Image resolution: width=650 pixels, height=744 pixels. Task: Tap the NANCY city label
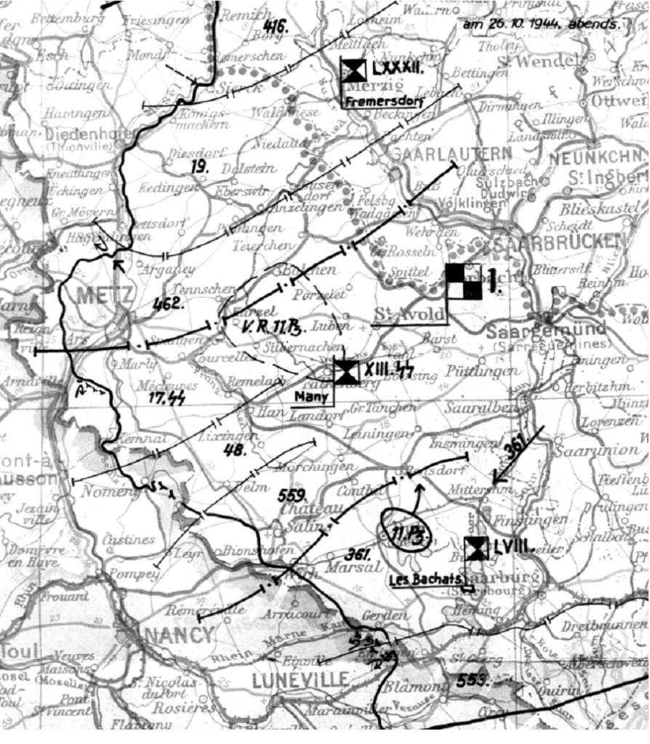pyautogui.click(x=180, y=634)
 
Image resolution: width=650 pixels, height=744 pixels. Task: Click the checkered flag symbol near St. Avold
pyautogui.click(x=464, y=281)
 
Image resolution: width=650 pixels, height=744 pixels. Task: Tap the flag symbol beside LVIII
pyautogui.click(x=476, y=549)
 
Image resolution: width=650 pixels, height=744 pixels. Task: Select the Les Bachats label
pyautogui.click(x=425, y=579)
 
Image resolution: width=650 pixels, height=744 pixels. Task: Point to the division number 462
pyautogui.click(x=167, y=304)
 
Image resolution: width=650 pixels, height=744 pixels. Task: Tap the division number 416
pyautogui.click(x=274, y=28)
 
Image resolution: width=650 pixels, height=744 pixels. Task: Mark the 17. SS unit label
pyautogui.click(x=166, y=397)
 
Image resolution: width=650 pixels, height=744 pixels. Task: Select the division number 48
pyautogui.click(x=235, y=450)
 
